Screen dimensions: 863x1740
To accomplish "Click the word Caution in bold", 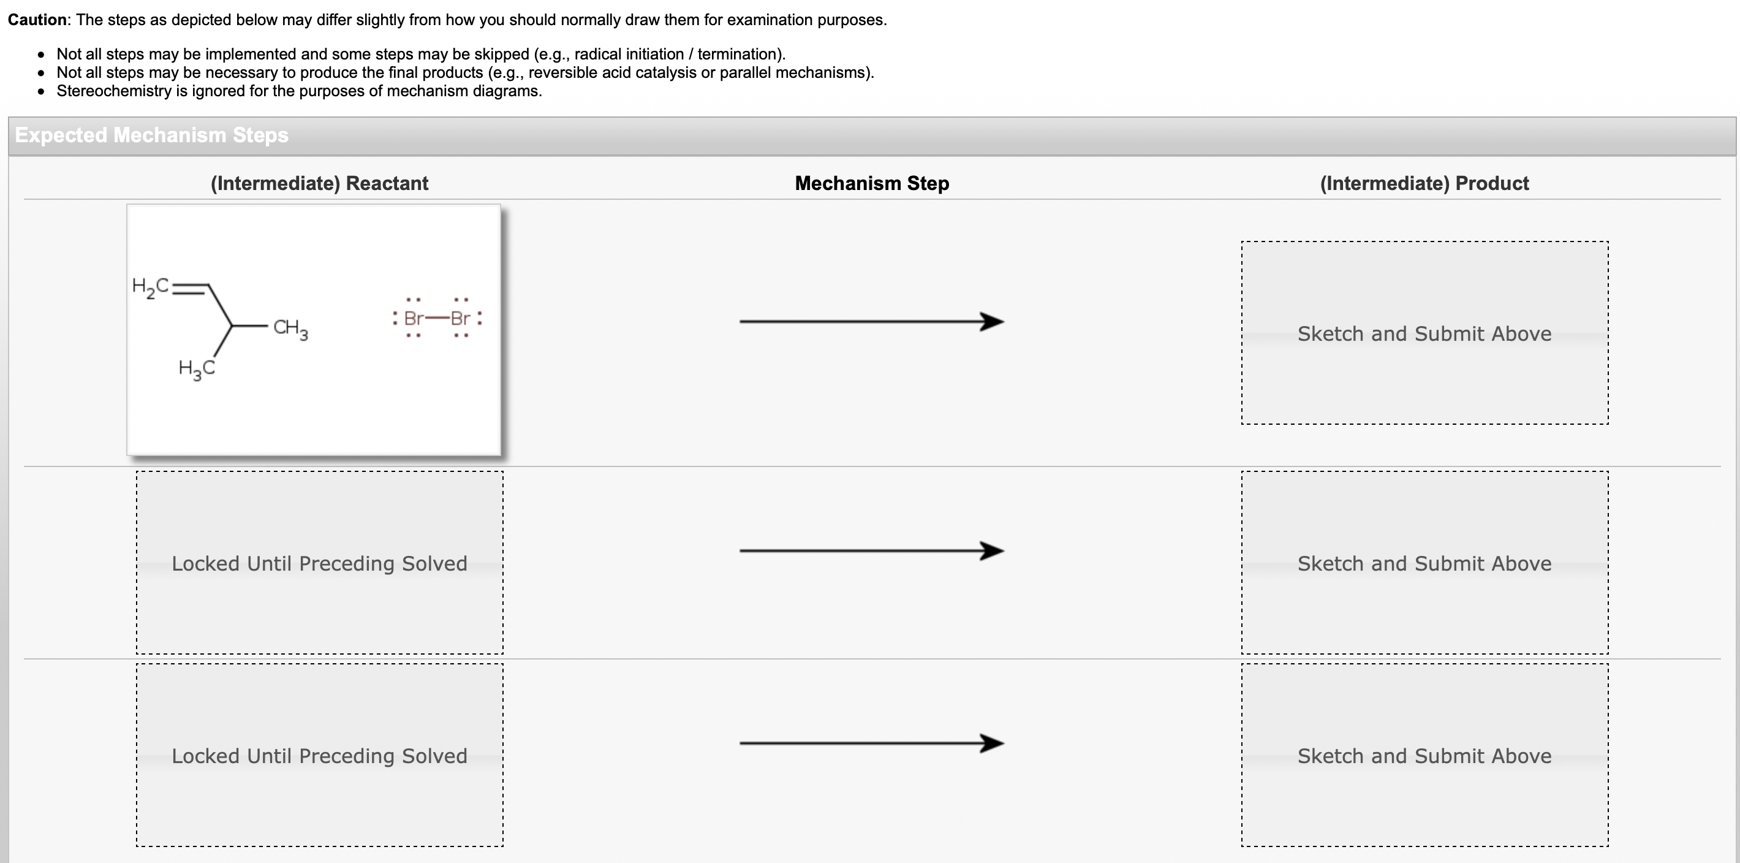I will tap(37, 20).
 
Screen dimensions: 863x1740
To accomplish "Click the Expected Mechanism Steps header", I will tap(151, 135).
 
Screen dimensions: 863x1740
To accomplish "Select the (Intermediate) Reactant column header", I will tap(319, 183).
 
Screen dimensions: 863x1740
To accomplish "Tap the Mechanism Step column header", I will tap(871, 183).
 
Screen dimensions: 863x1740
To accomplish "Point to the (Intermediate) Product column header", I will tap(1424, 183).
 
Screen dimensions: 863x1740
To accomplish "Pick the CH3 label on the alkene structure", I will tap(290, 329).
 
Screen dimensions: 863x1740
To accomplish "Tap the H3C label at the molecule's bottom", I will tap(197, 369).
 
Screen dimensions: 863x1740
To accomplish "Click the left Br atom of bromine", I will tap(414, 318).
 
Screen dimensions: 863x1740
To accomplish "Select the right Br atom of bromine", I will tap(461, 318).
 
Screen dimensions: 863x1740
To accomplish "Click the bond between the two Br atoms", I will tap(437, 318).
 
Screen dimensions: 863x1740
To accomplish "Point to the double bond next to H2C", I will tap(190, 289).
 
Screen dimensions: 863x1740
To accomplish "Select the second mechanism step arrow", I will tap(871, 551).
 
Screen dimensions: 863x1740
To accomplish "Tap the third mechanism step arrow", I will tap(871, 743).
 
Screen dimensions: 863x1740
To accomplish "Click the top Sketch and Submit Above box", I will tap(1424, 333).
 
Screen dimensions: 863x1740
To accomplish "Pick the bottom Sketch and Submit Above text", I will tap(1424, 756).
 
